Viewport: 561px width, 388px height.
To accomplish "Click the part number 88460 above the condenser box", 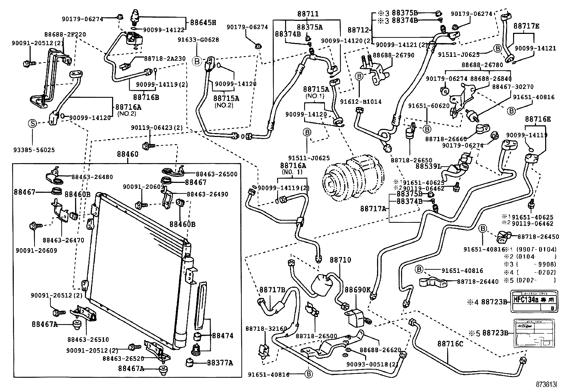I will click(x=128, y=154).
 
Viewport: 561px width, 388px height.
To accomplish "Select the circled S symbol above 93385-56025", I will click(x=32, y=124).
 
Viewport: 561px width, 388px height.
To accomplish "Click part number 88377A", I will click(x=220, y=363).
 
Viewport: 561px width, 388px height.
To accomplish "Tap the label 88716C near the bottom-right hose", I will click(x=450, y=344).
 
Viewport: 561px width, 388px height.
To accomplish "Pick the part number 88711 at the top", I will click(x=307, y=14).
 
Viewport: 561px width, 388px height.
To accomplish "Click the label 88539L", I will click(x=429, y=166).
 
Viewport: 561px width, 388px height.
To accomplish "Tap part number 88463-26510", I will click(x=88, y=340).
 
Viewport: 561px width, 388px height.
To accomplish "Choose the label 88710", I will click(x=340, y=260).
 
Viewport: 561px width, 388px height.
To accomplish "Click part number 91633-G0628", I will click(x=203, y=40).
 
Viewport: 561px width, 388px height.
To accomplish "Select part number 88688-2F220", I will click(x=65, y=35).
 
